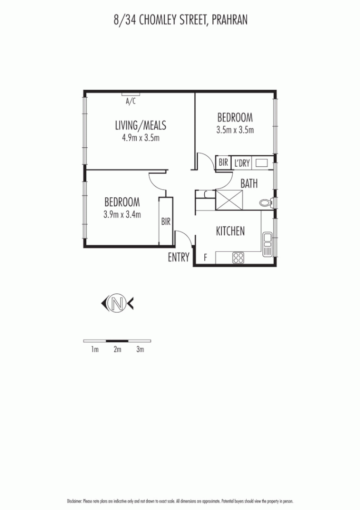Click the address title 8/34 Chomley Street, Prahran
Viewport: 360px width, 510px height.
[x=181, y=20]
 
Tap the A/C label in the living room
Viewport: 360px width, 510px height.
[x=131, y=101]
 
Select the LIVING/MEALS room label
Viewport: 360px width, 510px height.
[x=141, y=126]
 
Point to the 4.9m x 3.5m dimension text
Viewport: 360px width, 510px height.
[x=141, y=138]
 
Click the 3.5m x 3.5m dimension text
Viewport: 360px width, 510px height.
[x=235, y=130]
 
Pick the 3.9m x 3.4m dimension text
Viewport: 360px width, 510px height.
[x=122, y=214]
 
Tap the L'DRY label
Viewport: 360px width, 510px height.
[x=242, y=163]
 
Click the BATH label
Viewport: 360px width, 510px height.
[x=249, y=183]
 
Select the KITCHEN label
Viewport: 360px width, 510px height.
[x=230, y=231]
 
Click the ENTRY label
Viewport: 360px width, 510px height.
[x=179, y=257]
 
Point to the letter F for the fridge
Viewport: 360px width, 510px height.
[x=205, y=258]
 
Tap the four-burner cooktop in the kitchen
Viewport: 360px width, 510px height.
[x=238, y=258]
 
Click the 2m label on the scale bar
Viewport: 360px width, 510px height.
[x=117, y=349]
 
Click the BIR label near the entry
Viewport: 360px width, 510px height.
[x=166, y=221]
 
